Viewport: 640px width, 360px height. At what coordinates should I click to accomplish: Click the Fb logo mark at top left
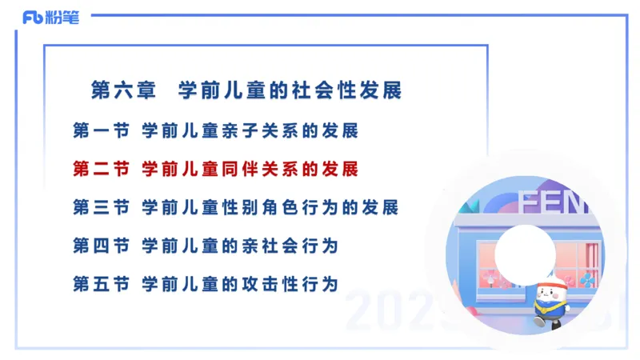[33, 17]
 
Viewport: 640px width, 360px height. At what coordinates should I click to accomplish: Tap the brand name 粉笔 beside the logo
[63, 17]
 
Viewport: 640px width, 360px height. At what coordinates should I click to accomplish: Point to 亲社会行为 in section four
[290, 246]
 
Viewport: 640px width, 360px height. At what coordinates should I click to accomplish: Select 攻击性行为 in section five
[290, 284]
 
